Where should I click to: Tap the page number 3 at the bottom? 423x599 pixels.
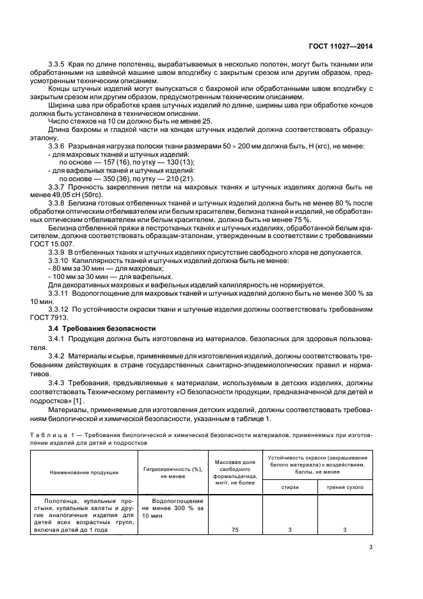click(x=371, y=547)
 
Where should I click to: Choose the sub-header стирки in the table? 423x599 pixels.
click(x=290, y=488)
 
